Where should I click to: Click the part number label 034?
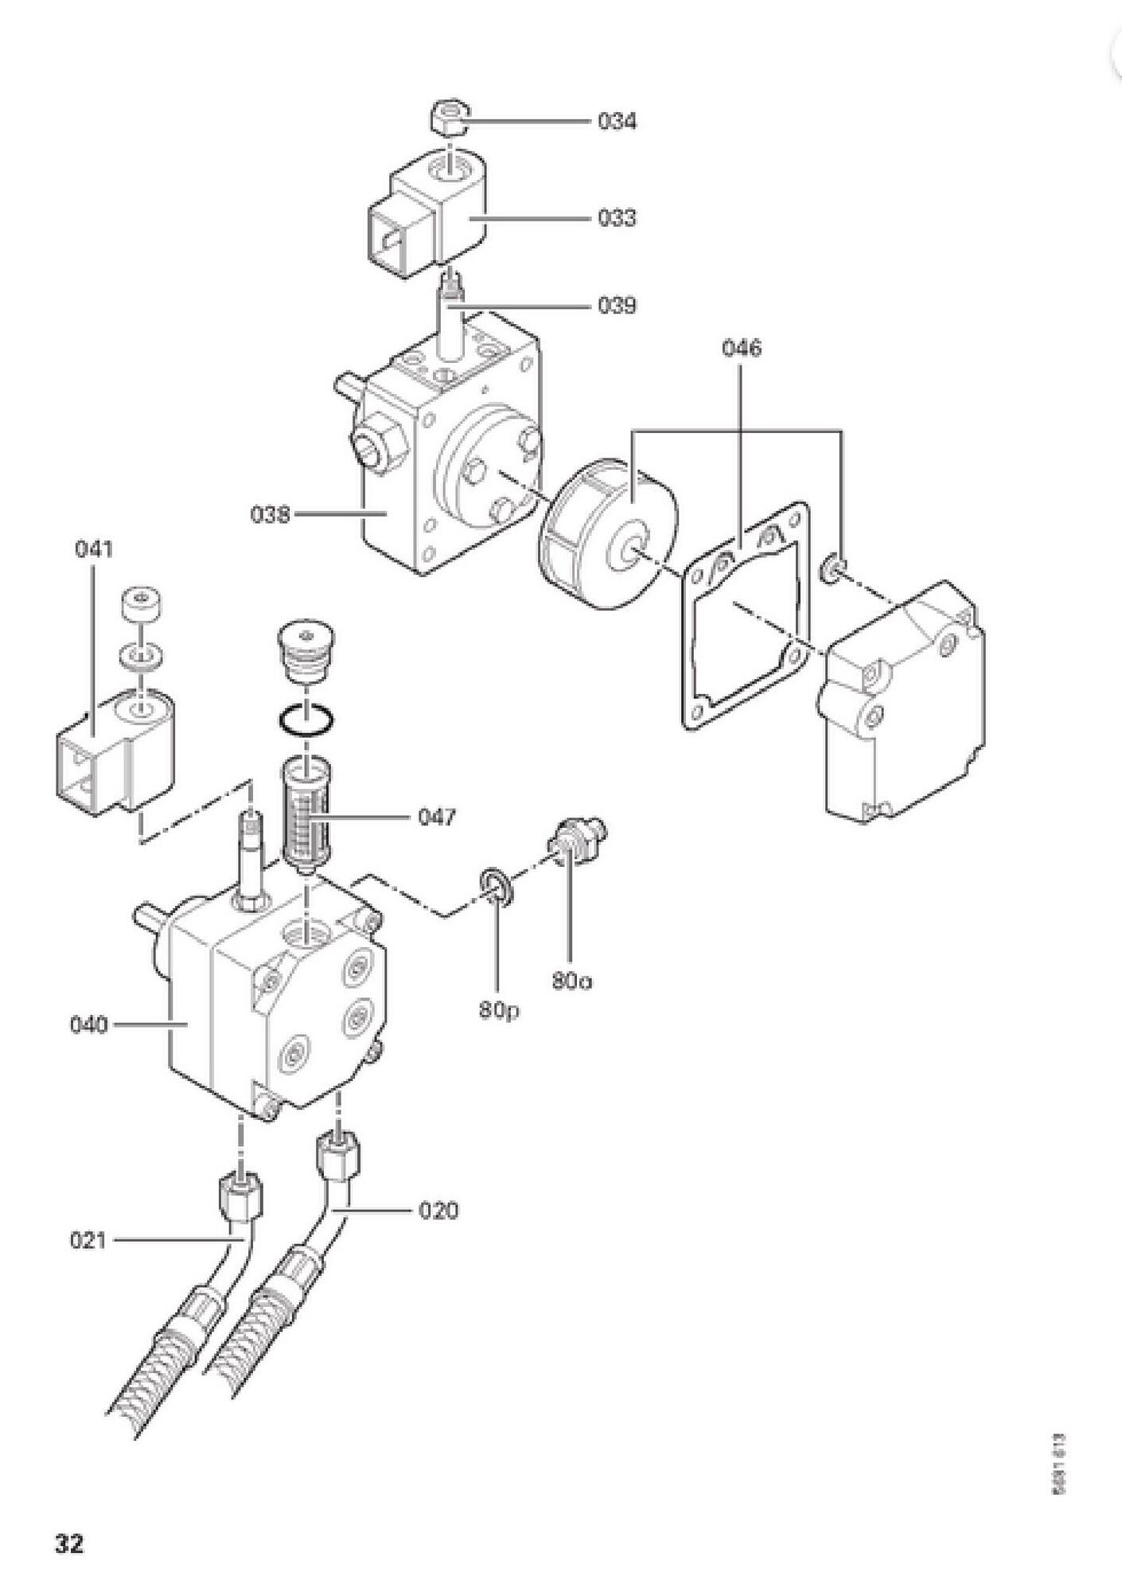[617, 122]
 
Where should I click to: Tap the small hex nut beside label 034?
[449, 119]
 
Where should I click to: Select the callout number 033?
[617, 217]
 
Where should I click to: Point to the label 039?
[617, 306]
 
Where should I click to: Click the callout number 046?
[742, 349]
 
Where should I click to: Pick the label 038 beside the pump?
[271, 515]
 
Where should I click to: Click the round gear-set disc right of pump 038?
[609, 536]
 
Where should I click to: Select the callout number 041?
[94, 548]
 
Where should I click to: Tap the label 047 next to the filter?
[438, 817]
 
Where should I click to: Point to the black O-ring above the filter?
[306, 720]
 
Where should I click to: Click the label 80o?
[572, 981]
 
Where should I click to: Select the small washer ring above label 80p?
[495, 888]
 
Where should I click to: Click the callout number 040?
[89, 1024]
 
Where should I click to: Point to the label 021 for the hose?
[88, 1240]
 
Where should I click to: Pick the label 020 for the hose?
[438, 1211]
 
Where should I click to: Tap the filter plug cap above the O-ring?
[306, 646]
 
